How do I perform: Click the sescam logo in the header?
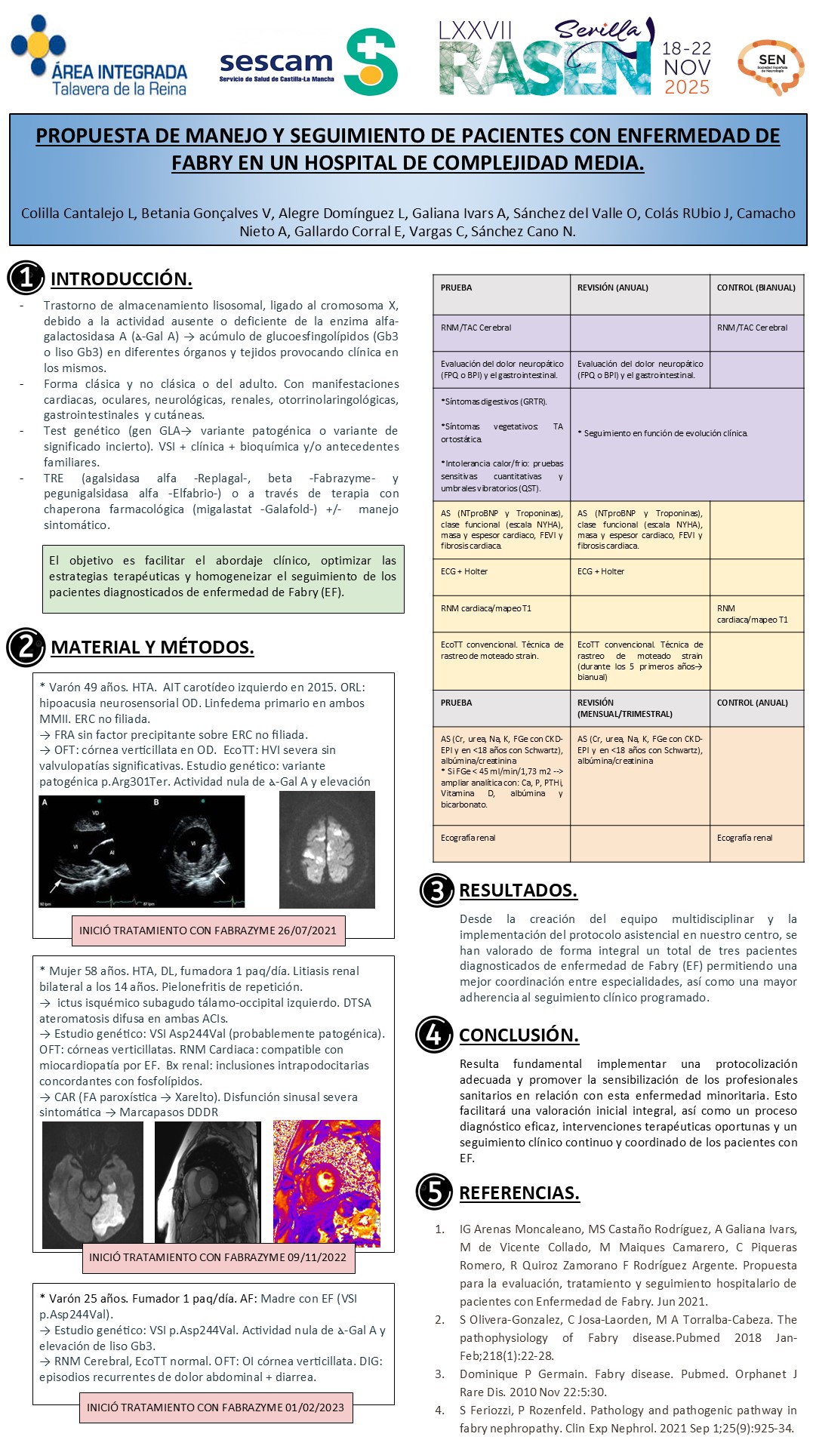308,63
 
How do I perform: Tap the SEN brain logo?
771,66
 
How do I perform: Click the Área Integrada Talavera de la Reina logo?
98,59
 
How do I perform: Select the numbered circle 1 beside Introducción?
25,278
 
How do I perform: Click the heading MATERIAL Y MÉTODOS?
152,648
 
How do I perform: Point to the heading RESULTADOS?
518,891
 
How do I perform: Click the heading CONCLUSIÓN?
519,1035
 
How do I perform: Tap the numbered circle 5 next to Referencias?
434,1192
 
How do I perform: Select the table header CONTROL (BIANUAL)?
756,288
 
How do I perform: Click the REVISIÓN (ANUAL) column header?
612,288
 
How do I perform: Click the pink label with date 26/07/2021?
208,931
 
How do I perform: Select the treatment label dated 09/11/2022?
217,1257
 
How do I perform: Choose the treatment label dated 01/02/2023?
215,1407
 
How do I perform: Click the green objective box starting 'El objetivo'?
223,577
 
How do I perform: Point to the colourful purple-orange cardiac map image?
326,1183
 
